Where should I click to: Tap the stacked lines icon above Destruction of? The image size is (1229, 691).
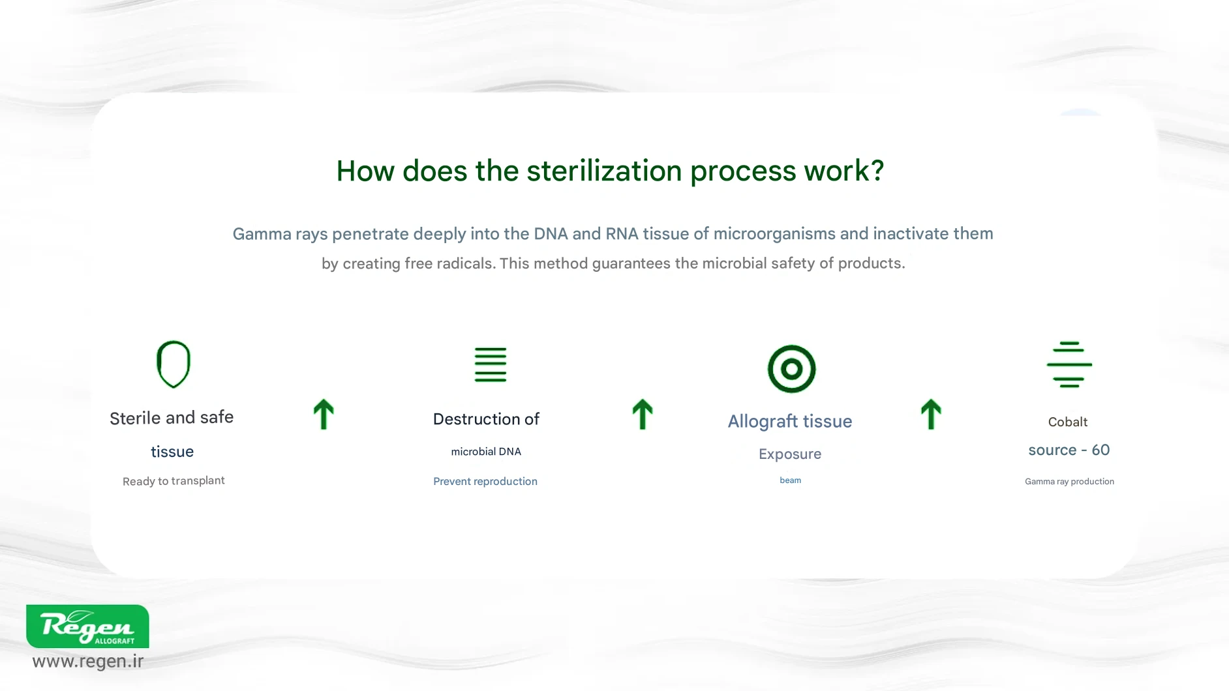(491, 364)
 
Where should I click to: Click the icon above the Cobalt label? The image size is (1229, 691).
(1069, 364)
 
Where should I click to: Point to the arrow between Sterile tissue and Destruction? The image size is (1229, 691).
(324, 415)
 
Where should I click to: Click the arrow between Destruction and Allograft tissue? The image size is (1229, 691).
(643, 415)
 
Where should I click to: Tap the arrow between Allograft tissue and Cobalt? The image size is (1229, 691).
(931, 415)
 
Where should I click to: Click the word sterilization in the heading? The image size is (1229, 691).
(606, 171)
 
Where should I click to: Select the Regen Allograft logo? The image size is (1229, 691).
(87, 626)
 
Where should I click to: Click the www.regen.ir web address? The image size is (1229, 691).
(88, 662)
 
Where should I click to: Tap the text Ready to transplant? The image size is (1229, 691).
(174, 481)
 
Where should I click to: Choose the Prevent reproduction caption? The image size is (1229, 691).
(485, 482)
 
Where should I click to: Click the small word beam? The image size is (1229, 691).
(790, 480)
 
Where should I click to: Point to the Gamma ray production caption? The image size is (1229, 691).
(1069, 482)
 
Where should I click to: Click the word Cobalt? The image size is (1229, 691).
(1068, 422)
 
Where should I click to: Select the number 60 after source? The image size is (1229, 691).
(1100, 450)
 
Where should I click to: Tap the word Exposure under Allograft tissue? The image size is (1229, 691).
(790, 454)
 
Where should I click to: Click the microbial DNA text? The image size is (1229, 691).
(486, 452)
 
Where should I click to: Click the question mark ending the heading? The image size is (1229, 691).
(877, 171)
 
